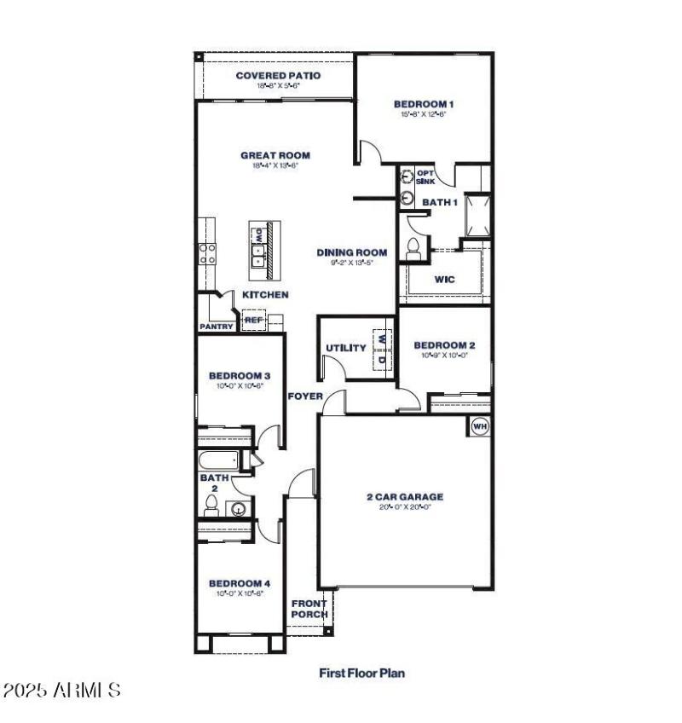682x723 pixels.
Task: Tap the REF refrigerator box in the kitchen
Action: tap(253, 321)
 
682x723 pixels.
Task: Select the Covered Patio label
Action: tap(278, 76)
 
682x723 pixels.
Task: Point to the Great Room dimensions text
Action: tap(275, 166)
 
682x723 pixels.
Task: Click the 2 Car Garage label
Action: tap(406, 496)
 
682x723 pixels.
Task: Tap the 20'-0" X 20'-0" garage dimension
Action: tap(406, 507)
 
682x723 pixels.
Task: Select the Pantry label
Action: tap(217, 326)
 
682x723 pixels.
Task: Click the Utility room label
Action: tap(346, 348)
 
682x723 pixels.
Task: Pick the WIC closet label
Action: tap(444, 279)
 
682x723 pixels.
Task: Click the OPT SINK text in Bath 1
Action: tap(425, 177)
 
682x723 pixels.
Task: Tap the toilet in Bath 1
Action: tap(414, 248)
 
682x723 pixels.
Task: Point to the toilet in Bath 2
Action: tap(211, 507)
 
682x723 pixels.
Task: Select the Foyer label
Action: tap(304, 396)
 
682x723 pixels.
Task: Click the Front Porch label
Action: tap(309, 609)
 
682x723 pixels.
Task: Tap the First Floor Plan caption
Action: tap(362, 673)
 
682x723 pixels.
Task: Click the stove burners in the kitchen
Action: tap(207, 252)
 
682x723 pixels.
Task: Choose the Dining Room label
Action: tap(352, 252)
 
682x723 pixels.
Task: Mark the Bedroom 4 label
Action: tap(240, 584)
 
